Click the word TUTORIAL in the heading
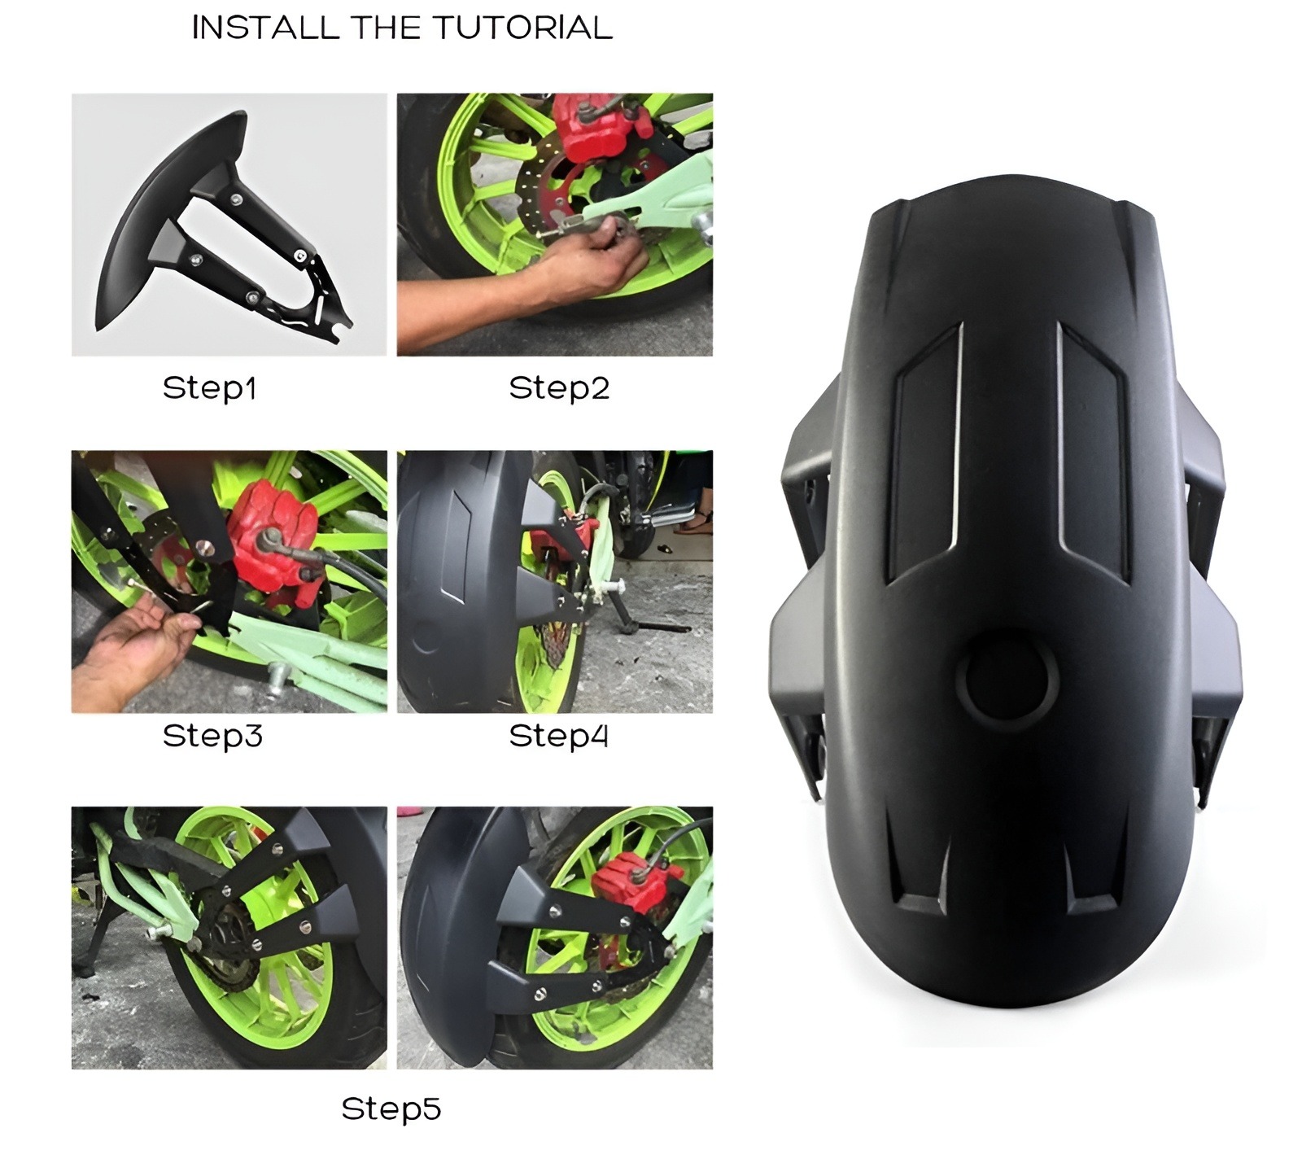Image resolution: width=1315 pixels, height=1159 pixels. tap(522, 28)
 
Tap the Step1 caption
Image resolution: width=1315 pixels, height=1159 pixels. tap(210, 388)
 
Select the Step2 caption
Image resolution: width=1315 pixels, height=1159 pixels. tap(559, 388)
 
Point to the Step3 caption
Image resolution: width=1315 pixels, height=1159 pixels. tap(212, 736)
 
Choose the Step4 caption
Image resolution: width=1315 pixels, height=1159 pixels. tap(559, 736)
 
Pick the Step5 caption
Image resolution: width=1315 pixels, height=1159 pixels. tap(391, 1109)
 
